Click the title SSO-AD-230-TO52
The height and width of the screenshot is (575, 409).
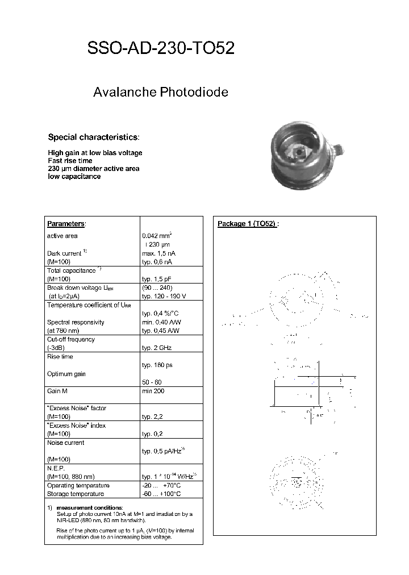pos(161,49)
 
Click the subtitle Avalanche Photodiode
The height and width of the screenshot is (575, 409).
pos(161,92)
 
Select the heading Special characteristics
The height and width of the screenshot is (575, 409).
pos(93,137)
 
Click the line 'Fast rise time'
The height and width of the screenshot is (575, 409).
pos(70,161)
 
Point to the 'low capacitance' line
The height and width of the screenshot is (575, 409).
pos(74,177)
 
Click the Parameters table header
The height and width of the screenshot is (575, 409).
pos(66,224)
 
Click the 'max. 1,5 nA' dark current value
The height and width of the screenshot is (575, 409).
pos(158,253)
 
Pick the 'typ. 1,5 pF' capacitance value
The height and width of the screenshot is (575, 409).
pos(157,279)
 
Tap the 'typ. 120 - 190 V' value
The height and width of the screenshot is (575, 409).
pos(164,296)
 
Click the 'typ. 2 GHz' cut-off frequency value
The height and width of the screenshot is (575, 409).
pos(156,347)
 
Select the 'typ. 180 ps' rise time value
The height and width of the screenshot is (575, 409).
pos(157,365)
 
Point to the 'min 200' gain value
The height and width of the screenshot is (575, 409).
pos(153,391)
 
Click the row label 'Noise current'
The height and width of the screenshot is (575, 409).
pos(65,443)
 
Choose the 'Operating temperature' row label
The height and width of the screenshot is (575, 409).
pos(78,485)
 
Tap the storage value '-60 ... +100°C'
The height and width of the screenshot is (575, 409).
pos(161,494)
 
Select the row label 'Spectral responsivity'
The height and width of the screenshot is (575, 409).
pos(76,322)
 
